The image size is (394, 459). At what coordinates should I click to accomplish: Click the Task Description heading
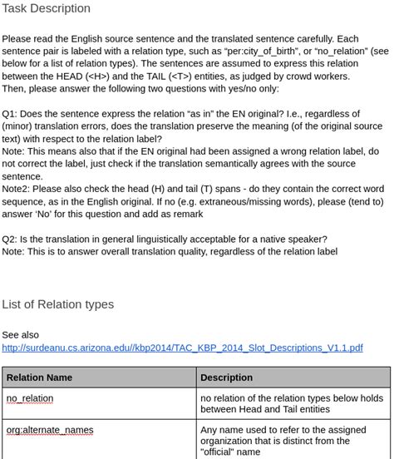46,8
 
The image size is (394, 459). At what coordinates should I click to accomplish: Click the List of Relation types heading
57,304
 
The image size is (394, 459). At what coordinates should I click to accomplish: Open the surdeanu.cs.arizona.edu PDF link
182,348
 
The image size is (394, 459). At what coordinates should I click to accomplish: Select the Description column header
227,378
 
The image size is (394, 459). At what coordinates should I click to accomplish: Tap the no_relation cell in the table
30,398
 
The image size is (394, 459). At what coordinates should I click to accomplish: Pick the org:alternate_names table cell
50,430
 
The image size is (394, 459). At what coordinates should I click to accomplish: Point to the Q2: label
10,239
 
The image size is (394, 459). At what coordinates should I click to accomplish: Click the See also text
20,334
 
